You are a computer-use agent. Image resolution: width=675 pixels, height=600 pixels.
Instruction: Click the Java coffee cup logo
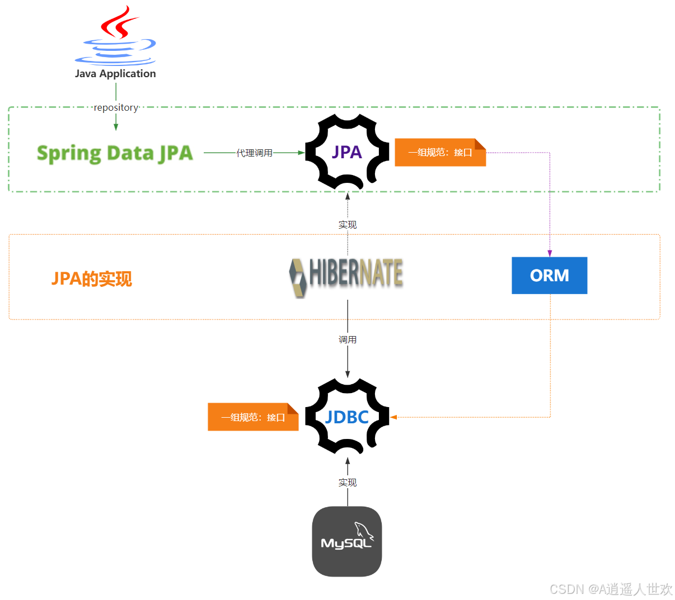pos(116,36)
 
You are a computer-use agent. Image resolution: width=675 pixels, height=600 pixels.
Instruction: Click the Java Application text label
pos(115,73)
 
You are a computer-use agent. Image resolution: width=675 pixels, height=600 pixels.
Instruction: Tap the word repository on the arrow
pos(116,107)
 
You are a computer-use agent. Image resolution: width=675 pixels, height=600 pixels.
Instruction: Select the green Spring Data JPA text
pos(115,153)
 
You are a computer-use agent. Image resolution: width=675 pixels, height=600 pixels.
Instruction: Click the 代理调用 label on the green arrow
pos(254,153)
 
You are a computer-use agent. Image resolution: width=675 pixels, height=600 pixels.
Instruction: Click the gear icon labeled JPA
pos(347,152)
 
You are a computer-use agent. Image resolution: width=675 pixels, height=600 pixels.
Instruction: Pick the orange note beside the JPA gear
pos(440,152)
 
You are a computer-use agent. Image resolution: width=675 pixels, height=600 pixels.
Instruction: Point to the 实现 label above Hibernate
pos(347,224)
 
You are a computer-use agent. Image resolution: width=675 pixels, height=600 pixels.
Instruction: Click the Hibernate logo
pos(346,276)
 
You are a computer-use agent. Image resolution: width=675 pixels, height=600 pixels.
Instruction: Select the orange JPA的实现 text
pos(92,278)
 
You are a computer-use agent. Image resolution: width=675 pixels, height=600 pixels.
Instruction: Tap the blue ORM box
pos(549,275)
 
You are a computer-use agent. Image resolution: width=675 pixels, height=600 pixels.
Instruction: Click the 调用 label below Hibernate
pos(347,339)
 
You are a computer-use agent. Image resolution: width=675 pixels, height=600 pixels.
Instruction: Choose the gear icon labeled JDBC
pos(347,417)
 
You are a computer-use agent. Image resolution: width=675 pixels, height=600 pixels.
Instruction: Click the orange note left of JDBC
pos(253,417)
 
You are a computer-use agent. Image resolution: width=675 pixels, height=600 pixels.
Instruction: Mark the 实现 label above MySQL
pos(347,482)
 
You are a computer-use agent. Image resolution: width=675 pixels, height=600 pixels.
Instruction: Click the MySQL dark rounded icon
pos(346,541)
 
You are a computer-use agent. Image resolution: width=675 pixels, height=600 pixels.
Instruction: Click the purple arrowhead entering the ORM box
pos(550,253)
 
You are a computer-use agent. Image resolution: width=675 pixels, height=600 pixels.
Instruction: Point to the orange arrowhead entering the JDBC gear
pos(393,417)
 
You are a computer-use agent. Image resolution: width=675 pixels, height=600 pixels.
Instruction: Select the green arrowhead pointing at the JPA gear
pos(301,152)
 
